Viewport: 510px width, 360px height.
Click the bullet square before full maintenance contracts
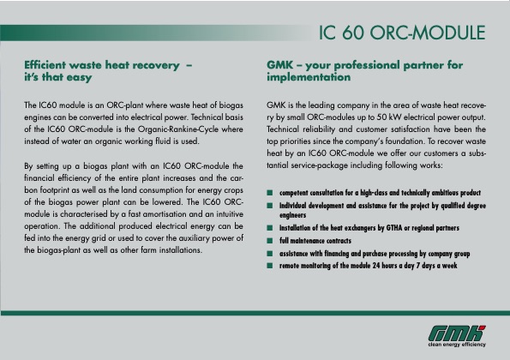[270, 242]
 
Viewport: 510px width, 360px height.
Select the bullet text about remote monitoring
[369, 266]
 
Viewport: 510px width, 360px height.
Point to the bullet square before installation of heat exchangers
[270, 229]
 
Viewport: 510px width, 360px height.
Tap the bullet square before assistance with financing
[270, 254]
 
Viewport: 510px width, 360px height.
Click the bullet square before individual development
[270, 206]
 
